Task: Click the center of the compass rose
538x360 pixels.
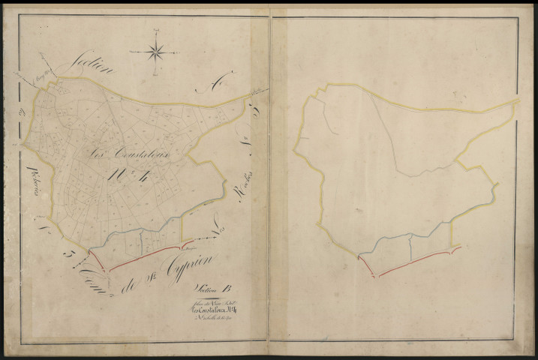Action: point(157,52)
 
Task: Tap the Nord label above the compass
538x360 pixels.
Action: point(157,29)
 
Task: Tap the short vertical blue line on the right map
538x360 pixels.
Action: point(411,245)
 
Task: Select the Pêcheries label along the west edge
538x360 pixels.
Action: point(33,180)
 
